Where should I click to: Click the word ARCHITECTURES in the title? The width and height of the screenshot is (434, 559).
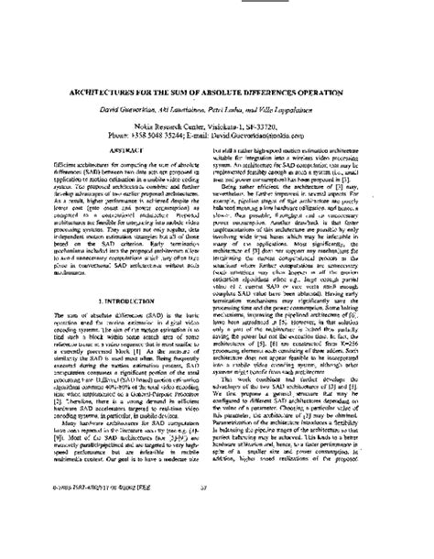point(103,90)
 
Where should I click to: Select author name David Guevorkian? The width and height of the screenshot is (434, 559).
point(138,108)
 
